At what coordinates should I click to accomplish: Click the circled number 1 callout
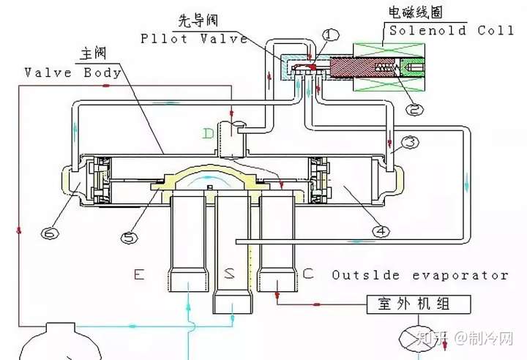point(331,34)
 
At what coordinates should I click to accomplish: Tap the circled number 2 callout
point(415,109)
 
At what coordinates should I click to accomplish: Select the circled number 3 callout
point(410,143)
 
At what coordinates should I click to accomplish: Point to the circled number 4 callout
point(381,231)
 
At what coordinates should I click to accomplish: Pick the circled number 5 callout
point(130,238)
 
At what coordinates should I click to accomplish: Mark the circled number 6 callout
point(50,233)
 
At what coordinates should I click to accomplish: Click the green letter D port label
point(209,134)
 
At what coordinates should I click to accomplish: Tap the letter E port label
point(139,274)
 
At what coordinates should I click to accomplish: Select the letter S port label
point(230,273)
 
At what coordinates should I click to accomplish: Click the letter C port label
point(308,274)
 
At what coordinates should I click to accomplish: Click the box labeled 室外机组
point(419,304)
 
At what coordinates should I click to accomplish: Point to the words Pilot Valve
point(194,39)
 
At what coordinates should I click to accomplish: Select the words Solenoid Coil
point(452,31)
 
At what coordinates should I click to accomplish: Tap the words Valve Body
point(73,72)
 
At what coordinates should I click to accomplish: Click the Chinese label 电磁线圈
point(416,12)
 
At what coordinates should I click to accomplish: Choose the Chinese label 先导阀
point(198,20)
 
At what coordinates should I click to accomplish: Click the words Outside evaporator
point(420,275)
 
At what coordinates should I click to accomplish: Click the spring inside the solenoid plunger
point(386,67)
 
